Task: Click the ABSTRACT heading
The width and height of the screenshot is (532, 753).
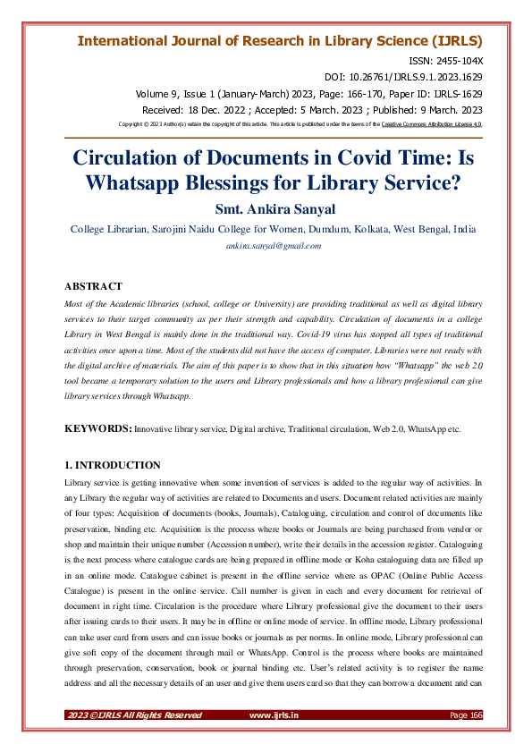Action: tap(93, 286)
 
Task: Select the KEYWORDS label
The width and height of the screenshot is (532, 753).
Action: tap(98, 430)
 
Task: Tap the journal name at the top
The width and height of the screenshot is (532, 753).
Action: tap(280, 41)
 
